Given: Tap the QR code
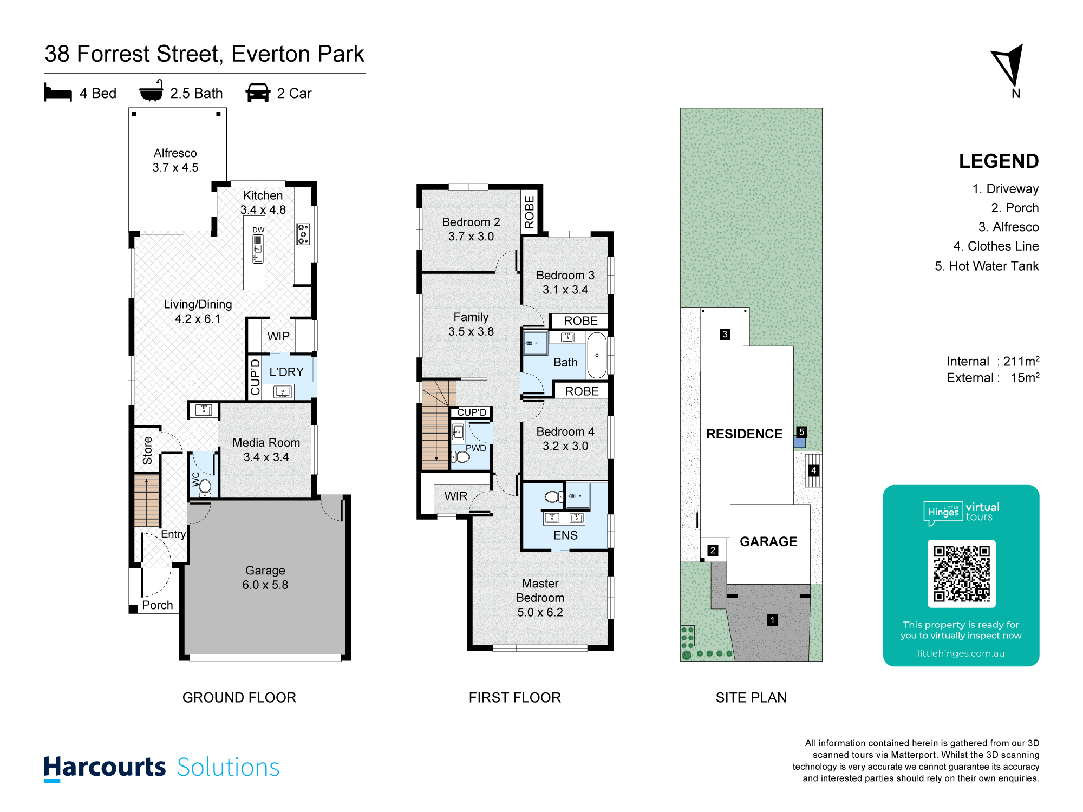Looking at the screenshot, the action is (x=961, y=573).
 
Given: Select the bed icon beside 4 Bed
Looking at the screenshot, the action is (x=58, y=93).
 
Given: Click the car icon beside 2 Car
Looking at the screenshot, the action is (x=258, y=93).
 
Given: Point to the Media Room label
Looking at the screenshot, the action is (x=266, y=442).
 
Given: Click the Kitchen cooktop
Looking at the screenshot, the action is (x=303, y=234).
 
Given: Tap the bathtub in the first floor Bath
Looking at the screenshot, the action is (x=597, y=355).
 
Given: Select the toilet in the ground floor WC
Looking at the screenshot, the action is (x=205, y=487).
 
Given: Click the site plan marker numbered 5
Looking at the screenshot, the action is (x=801, y=432).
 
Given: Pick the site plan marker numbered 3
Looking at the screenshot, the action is (x=725, y=335).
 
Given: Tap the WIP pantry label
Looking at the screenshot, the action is (x=278, y=336).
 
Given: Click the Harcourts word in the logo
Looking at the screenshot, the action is (x=105, y=767).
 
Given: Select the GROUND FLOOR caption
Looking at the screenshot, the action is (x=239, y=697).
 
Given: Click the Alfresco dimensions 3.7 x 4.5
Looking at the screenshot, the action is (x=175, y=168).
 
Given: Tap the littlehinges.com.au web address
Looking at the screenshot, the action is (x=961, y=653).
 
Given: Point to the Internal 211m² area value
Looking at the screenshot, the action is (x=1021, y=361).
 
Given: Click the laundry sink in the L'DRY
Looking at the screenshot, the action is (x=283, y=391).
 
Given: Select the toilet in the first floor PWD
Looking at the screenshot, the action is (x=461, y=457).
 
